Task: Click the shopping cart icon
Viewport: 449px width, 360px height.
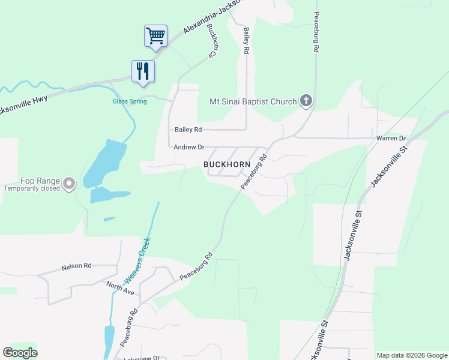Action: coord(155,35)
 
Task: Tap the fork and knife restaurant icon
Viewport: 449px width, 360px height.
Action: coord(143,71)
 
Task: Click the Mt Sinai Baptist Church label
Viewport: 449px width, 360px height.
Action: coord(253,101)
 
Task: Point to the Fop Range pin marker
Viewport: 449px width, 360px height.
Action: coord(69,183)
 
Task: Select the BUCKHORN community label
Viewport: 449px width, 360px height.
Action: coord(226,164)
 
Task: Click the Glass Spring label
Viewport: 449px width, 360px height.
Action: coord(130,101)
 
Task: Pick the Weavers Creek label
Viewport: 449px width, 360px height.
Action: coord(137,261)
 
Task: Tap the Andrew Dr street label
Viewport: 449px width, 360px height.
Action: coord(189,147)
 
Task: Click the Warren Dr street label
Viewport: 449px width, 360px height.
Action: coord(391,139)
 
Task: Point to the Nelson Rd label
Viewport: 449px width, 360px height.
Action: coord(76,266)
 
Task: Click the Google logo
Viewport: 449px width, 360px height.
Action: coord(20,353)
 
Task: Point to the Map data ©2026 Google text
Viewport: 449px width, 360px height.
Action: coord(411,355)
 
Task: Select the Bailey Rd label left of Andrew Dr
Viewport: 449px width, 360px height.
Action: coord(188,129)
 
